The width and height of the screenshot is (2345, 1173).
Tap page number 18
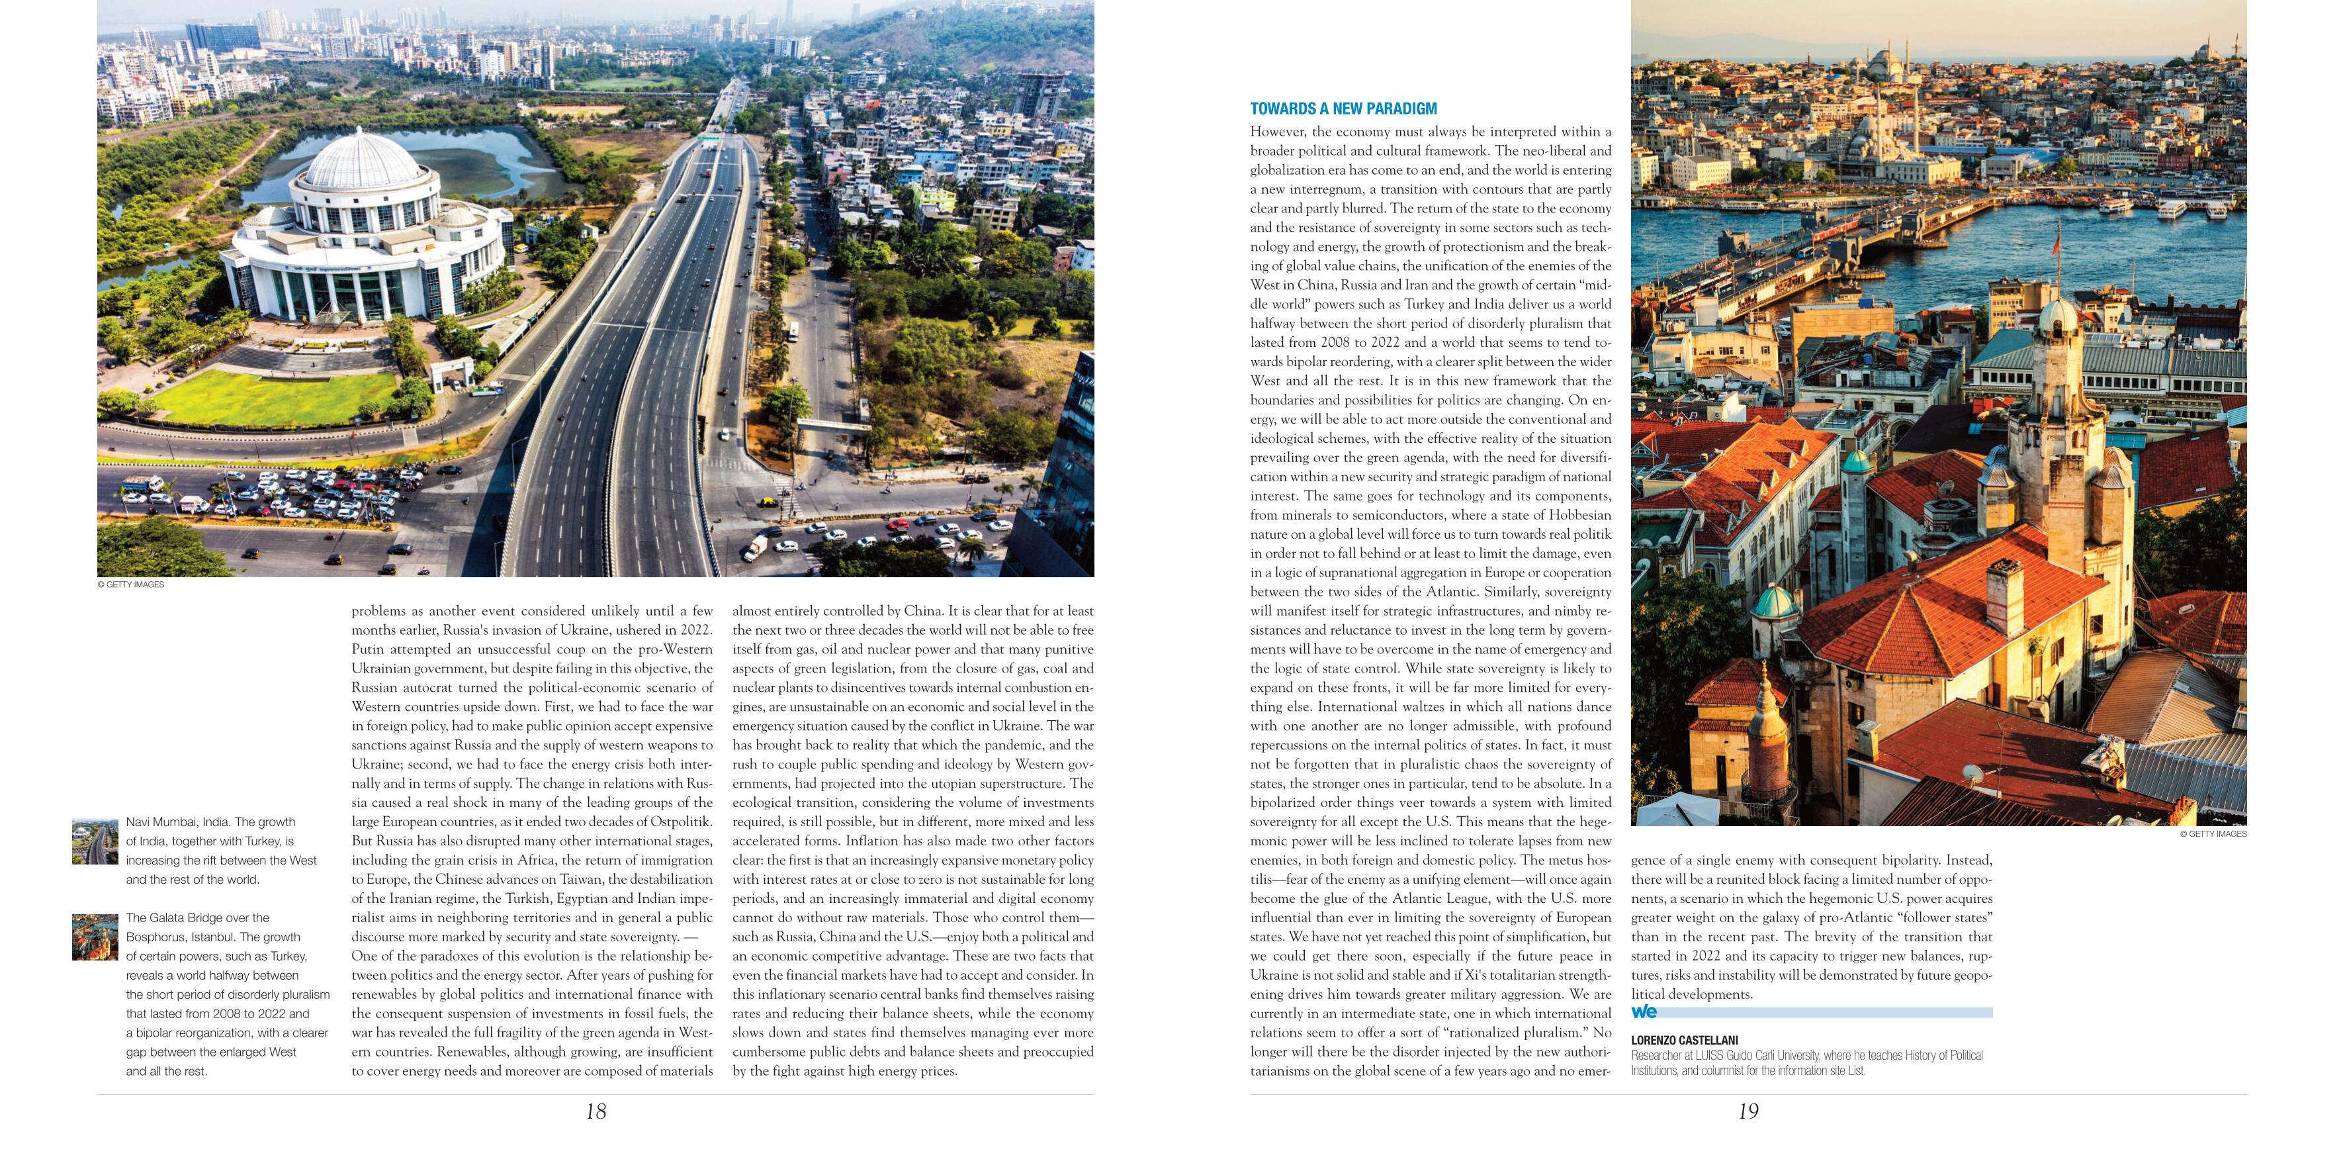(x=596, y=1111)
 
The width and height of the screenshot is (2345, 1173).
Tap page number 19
(x=1748, y=1111)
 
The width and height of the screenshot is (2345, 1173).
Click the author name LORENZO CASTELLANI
(x=1684, y=1040)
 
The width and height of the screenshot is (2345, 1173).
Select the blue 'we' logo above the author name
(x=1644, y=1011)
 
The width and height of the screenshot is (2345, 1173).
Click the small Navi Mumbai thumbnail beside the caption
(x=95, y=841)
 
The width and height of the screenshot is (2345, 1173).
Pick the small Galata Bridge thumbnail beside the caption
(x=95, y=937)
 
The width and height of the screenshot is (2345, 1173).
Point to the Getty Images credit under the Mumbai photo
(x=131, y=585)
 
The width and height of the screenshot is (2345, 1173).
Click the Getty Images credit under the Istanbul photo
(x=2212, y=834)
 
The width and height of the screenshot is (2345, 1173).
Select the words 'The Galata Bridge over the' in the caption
(x=198, y=918)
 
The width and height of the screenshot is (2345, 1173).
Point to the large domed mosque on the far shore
(x=1889, y=73)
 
